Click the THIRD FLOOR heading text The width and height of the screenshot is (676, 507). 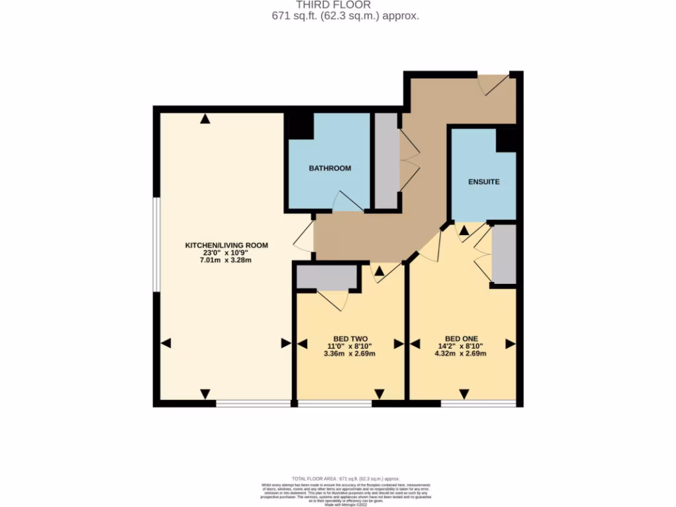[x=338, y=5]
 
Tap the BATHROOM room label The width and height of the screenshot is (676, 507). [x=330, y=168]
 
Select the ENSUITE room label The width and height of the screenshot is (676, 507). [x=484, y=182]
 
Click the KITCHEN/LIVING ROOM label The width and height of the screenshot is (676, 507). [x=226, y=245]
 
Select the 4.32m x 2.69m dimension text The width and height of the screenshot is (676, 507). [x=461, y=353]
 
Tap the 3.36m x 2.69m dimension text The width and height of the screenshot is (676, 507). [x=350, y=353]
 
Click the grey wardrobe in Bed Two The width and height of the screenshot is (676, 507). [x=326, y=278]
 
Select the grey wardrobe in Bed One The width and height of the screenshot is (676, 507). [x=504, y=254]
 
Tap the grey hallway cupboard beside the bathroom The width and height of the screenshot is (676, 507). [x=386, y=160]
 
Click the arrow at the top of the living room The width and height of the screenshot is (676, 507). [x=205, y=119]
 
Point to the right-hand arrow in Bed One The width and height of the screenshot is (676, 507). [x=510, y=344]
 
